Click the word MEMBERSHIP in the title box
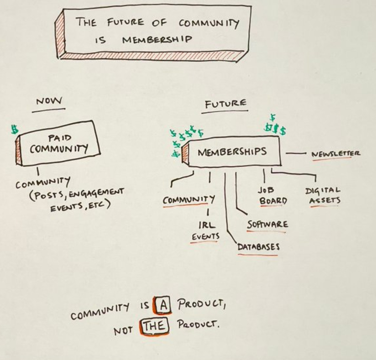click(x=157, y=40)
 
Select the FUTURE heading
click(x=225, y=104)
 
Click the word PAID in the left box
click(x=60, y=138)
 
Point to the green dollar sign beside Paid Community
click(x=14, y=129)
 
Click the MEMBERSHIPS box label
click(x=232, y=152)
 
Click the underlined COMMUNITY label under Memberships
click(x=188, y=200)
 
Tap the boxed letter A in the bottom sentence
click(x=164, y=305)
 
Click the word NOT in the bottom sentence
click(x=123, y=331)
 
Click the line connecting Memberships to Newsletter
click(x=296, y=153)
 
